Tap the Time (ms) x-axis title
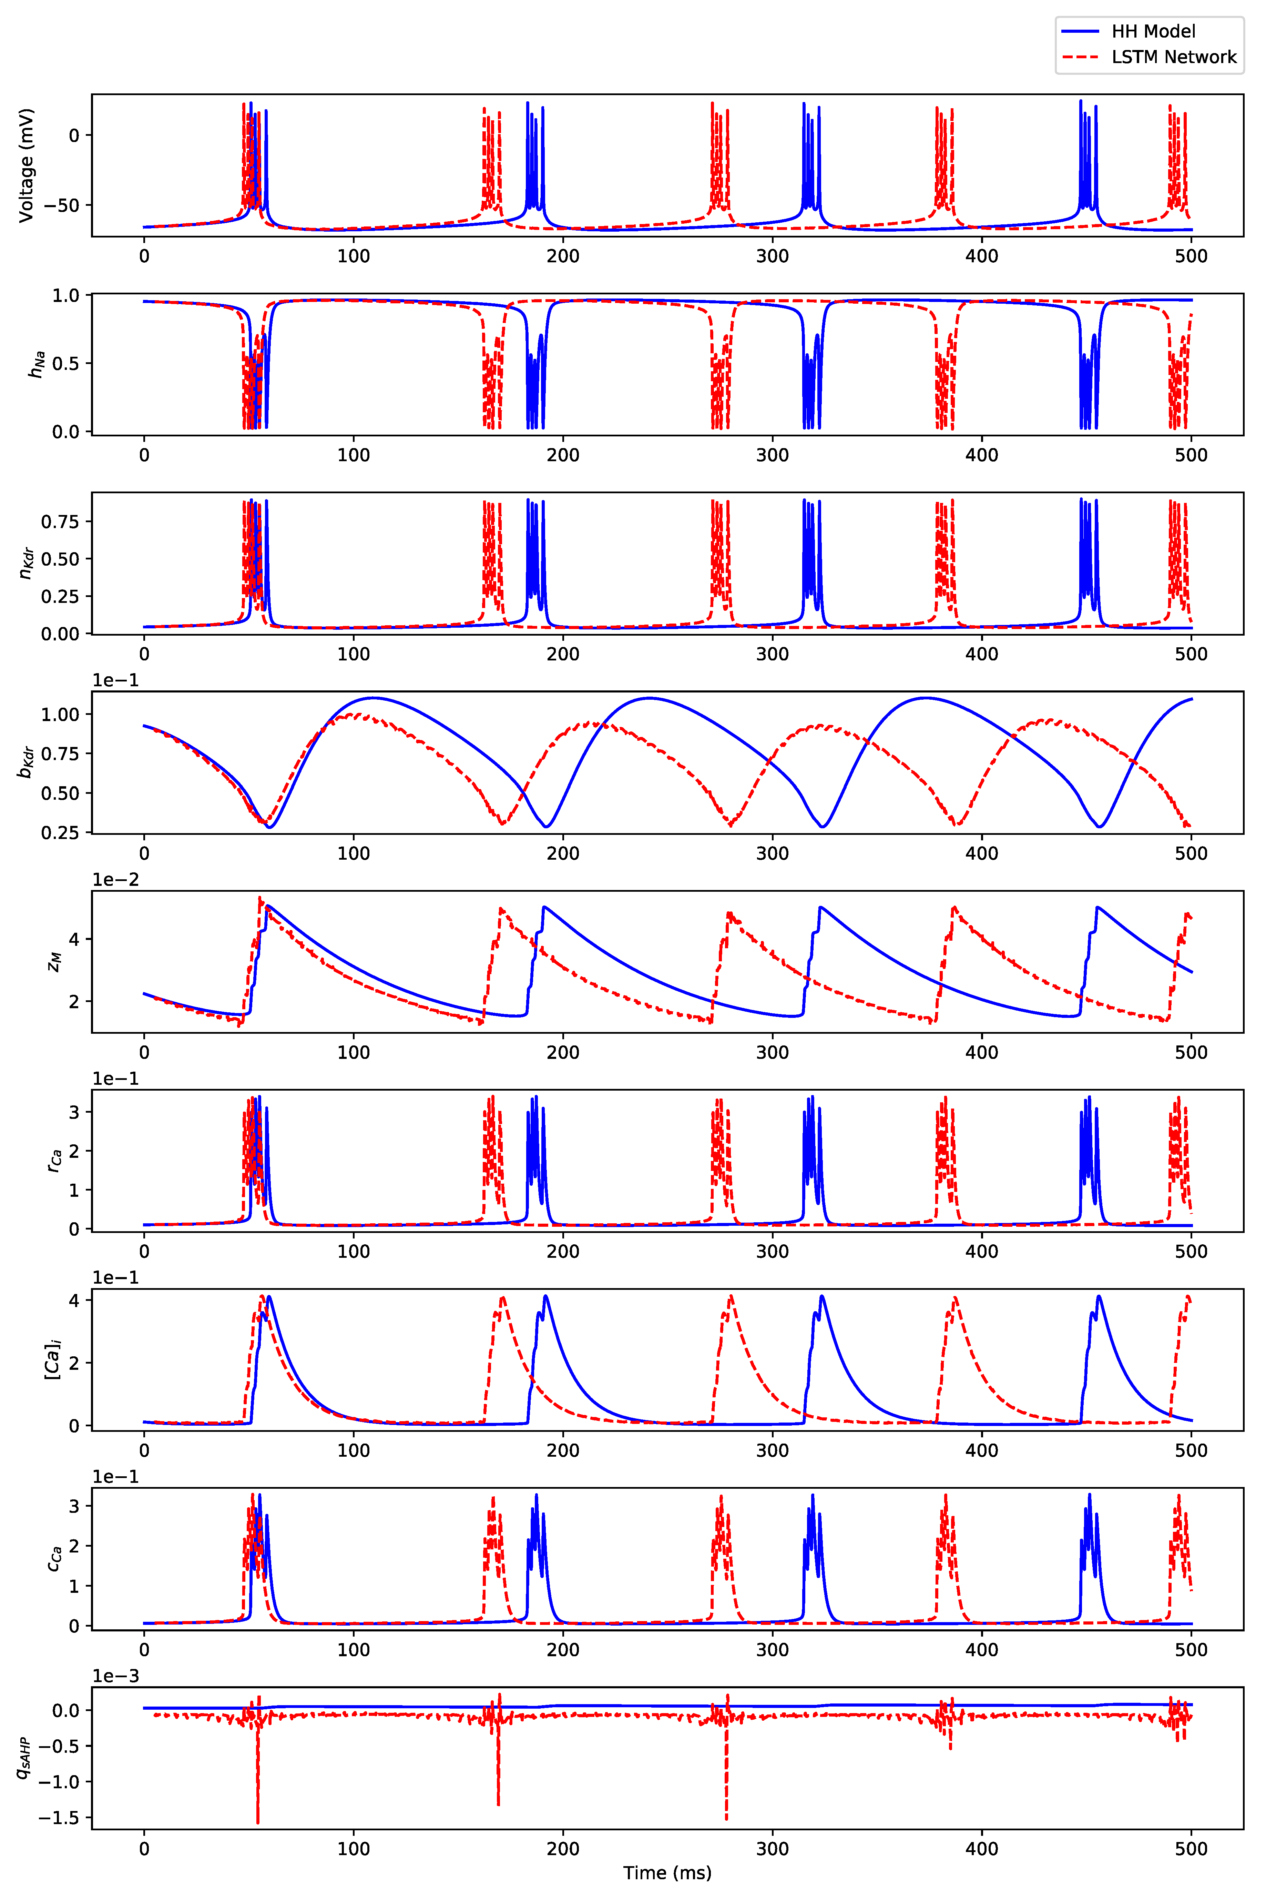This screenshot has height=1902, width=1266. pyautogui.click(x=667, y=1872)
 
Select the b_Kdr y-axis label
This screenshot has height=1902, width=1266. pyautogui.click(x=27, y=762)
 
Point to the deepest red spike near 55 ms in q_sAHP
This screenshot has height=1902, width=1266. pyautogui.click(x=257, y=1822)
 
